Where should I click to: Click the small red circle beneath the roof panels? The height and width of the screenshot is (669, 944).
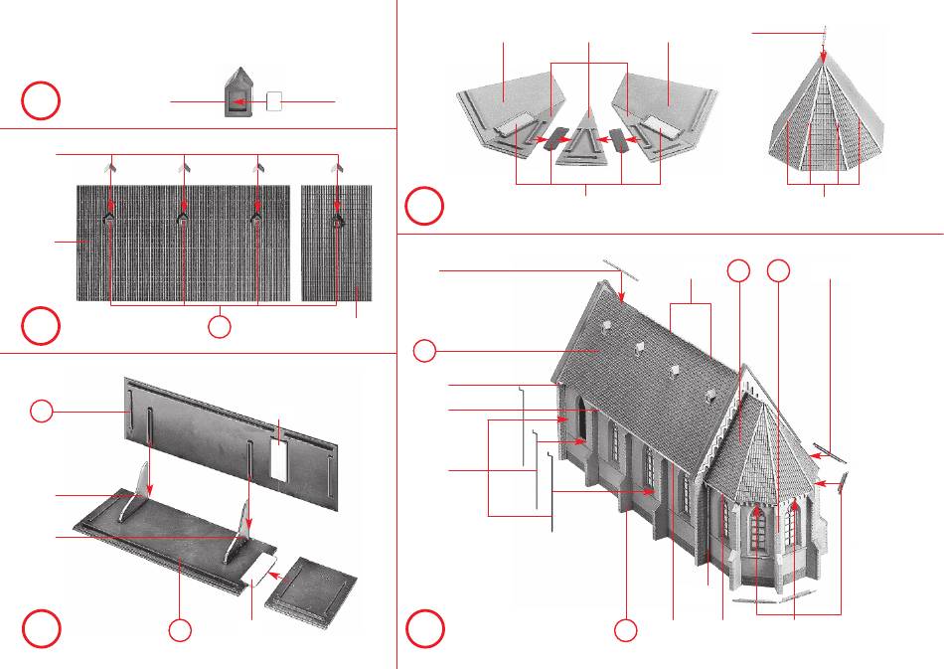pyautogui.click(x=220, y=326)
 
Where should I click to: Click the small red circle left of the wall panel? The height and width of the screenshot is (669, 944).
pyautogui.click(x=41, y=411)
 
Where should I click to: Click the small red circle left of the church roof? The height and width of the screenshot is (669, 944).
pyautogui.click(x=424, y=350)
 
